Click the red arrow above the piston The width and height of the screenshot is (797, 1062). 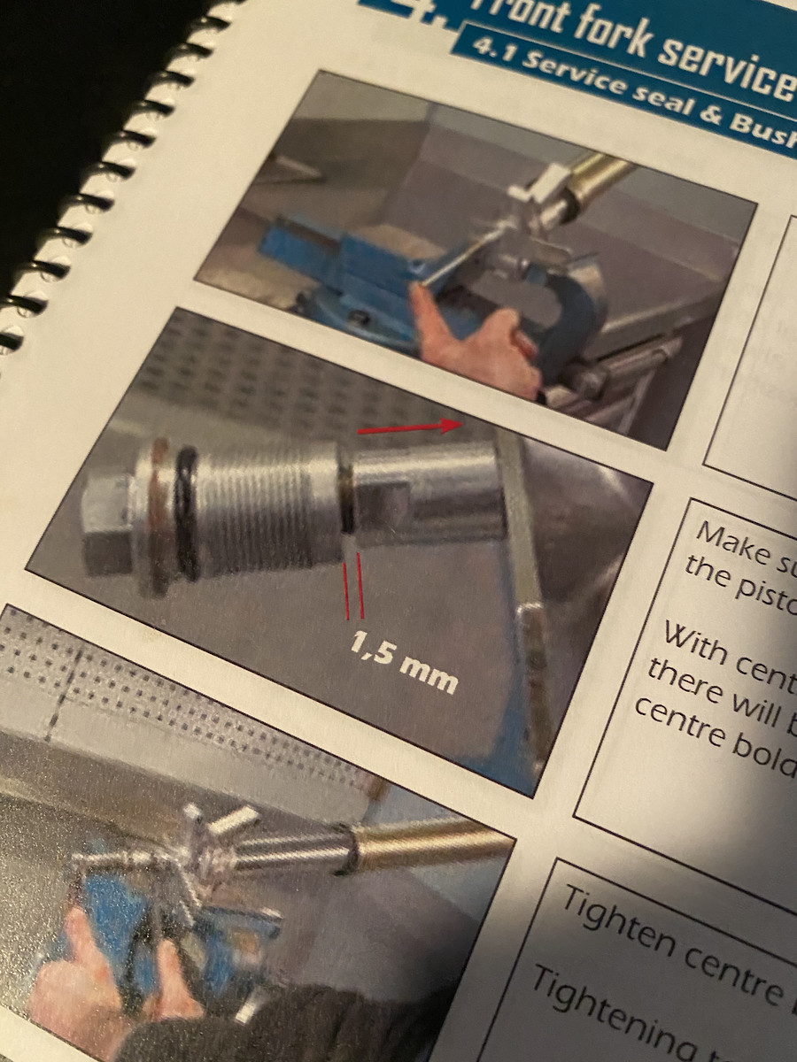(410, 428)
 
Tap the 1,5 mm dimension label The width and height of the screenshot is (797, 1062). (404, 663)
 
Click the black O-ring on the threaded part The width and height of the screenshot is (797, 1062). (187, 512)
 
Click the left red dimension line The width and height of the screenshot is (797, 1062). (347, 584)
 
